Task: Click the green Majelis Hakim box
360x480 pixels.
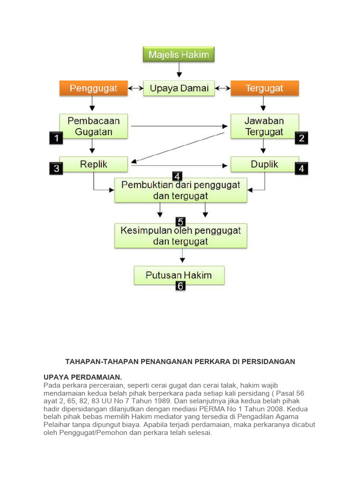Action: [x=179, y=55]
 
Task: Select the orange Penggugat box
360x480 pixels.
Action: [x=93, y=88]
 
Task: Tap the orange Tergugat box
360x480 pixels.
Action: [x=264, y=88]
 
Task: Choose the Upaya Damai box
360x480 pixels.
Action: [x=179, y=88]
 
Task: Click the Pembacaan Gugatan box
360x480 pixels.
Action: [x=93, y=126]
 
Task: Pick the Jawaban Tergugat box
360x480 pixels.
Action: [x=264, y=126]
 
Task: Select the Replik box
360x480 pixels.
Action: [x=93, y=165]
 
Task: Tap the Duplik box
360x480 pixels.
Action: [x=264, y=165]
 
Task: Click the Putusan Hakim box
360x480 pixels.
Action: [x=179, y=275]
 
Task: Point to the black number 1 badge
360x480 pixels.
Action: [x=56, y=138]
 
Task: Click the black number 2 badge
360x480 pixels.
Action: [x=301, y=138]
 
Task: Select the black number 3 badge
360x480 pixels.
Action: [x=56, y=169]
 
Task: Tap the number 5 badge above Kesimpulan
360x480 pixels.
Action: [x=180, y=222]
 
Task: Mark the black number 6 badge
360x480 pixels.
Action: [x=180, y=285]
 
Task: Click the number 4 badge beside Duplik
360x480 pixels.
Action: [x=301, y=169]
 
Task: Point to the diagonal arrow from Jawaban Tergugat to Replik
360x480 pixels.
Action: [x=178, y=148]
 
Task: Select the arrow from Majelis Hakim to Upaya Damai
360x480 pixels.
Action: [x=179, y=70]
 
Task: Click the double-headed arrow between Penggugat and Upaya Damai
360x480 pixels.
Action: [x=136, y=88]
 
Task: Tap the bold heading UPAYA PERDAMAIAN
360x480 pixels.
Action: [x=82, y=377]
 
